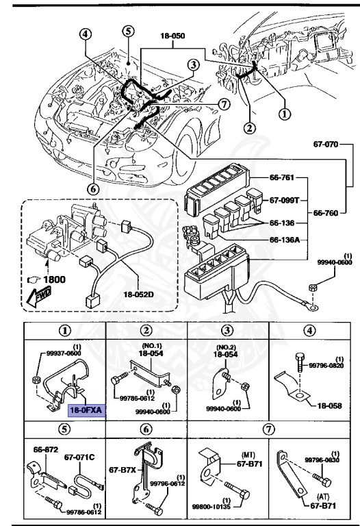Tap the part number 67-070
click(x=328, y=145)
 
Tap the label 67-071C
click(x=80, y=455)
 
